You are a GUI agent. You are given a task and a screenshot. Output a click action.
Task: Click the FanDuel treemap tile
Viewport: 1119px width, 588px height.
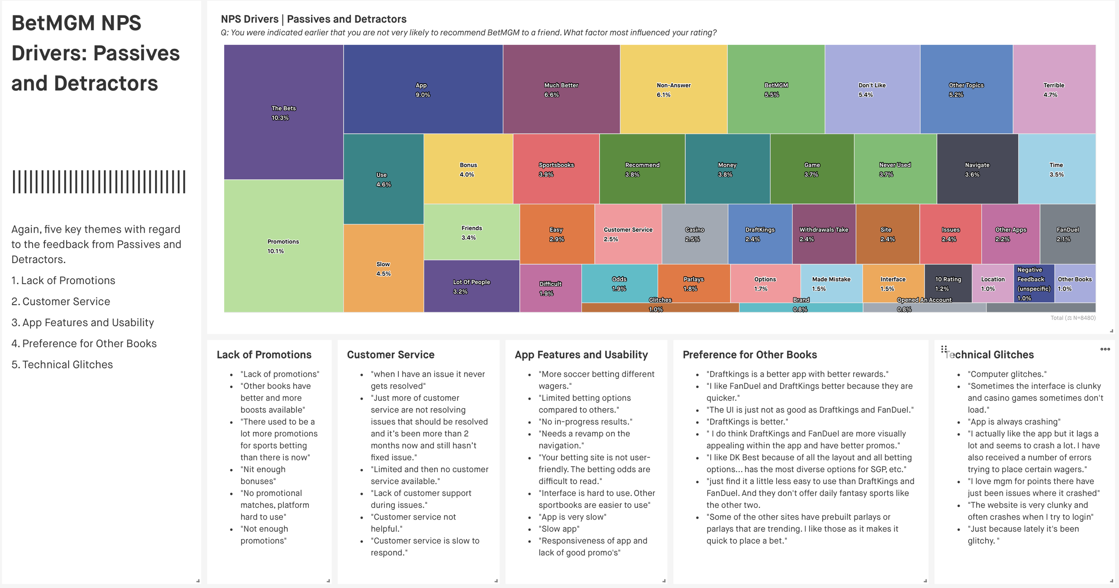point(1068,234)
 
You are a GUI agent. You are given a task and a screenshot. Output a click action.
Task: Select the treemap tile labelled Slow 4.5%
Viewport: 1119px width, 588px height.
point(383,268)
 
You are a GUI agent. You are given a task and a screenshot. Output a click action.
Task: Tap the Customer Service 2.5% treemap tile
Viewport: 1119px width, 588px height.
point(628,234)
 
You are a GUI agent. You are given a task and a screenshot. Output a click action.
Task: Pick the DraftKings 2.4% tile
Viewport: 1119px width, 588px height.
point(760,234)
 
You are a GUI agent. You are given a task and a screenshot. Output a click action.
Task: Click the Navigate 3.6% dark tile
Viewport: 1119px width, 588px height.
point(977,169)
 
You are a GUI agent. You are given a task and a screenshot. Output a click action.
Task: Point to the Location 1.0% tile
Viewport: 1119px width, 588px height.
point(993,283)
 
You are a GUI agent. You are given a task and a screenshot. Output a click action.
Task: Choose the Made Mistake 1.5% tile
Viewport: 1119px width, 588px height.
point(831,283)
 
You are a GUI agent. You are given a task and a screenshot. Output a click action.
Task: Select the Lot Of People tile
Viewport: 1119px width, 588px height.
point(471,286)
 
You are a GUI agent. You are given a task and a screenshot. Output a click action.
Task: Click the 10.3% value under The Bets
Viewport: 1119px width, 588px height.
point(280,118)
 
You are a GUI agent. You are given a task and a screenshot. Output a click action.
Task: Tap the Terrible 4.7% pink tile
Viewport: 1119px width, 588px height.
point(1054,89)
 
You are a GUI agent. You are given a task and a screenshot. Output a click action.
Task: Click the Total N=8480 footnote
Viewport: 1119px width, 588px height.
point(1073,318)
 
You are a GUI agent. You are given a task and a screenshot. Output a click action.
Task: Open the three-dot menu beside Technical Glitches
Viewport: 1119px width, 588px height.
point(1105,349)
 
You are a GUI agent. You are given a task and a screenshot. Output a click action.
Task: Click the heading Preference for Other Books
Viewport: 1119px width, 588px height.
point(750,355)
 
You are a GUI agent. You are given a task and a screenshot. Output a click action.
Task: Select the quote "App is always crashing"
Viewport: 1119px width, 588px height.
point(1014,422)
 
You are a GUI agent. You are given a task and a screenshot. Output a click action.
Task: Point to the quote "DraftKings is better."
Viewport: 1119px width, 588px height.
point(747,422)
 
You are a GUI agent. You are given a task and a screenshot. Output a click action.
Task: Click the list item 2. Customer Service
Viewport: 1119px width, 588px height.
point(61,302)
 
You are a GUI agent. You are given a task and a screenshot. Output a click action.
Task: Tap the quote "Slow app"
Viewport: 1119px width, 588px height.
point(559,529)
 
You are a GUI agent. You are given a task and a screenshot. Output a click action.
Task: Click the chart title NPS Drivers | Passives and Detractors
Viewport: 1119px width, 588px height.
point(313,19)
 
